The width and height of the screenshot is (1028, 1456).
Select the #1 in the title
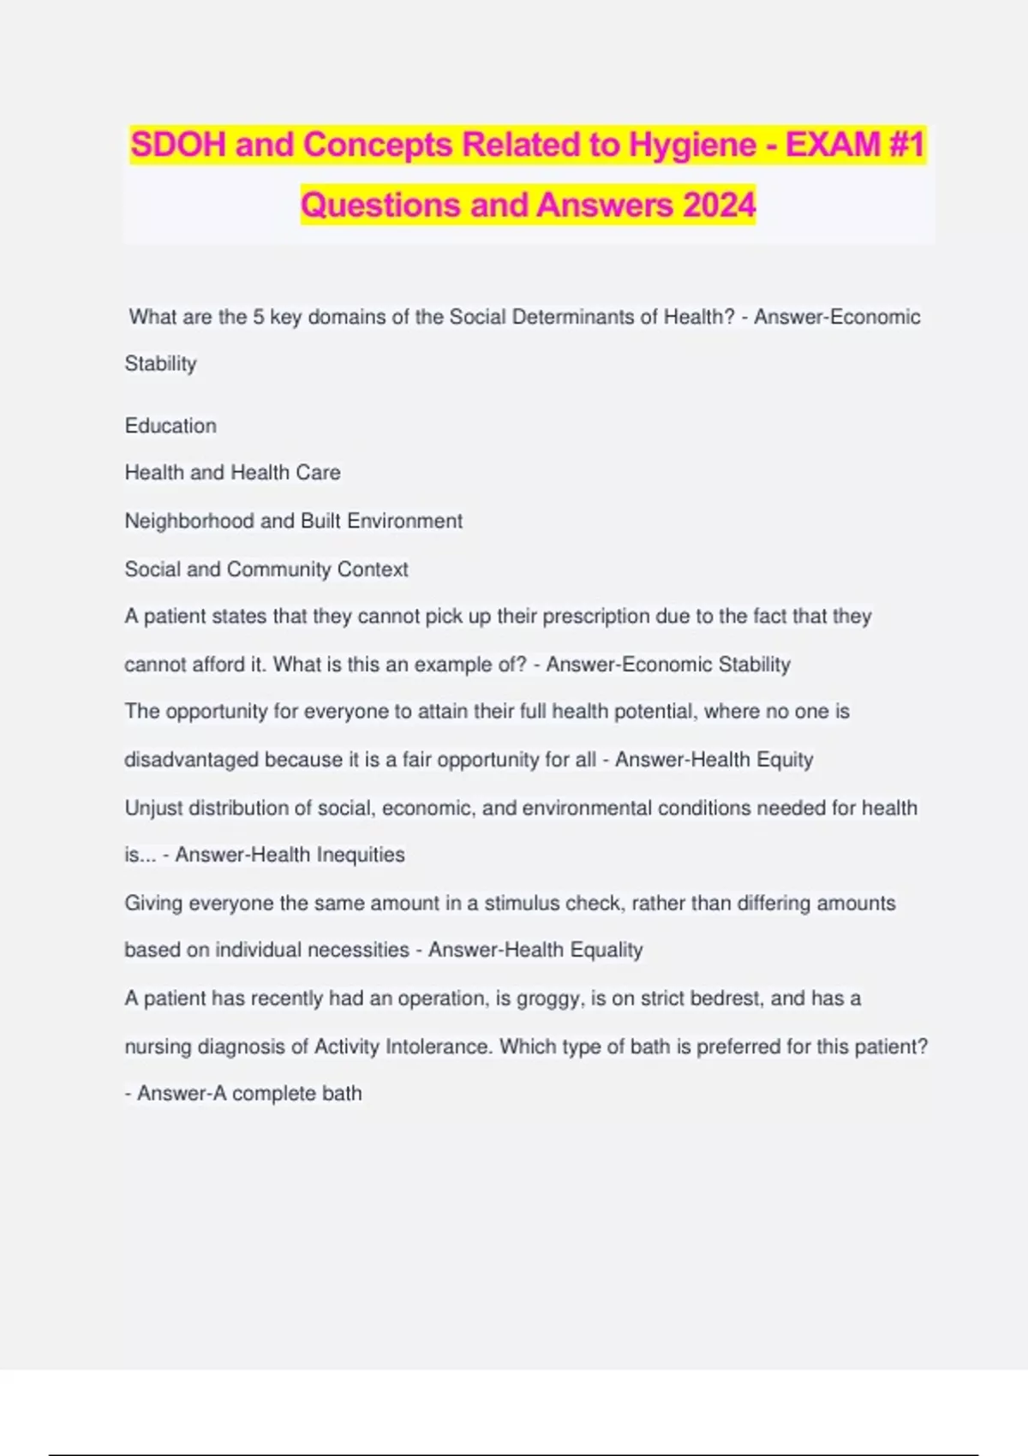(x=906, y=145)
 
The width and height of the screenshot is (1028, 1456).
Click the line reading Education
(x=170, y=426)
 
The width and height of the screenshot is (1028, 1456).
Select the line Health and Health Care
(x=232, y=473)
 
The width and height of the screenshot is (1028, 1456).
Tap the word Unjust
(x=153, y=809)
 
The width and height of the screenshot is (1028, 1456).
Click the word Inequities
(x=361, y=855)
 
